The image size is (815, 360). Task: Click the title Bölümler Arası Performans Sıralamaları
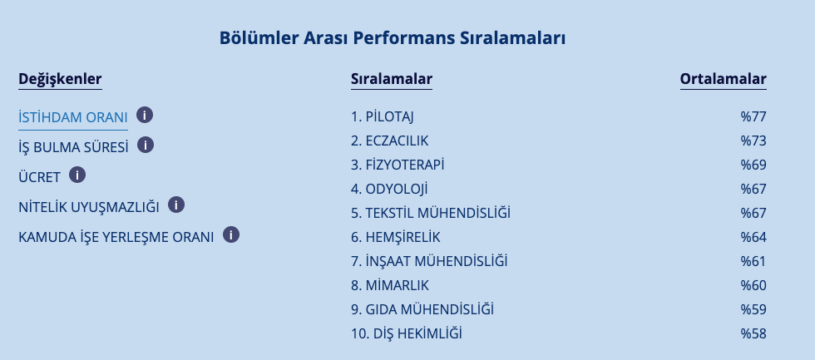(x=393, y=38)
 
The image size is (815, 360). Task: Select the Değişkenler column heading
(x=60, y=79)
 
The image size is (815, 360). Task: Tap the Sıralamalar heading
(x=392, y=79)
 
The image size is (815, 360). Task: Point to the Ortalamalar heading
(x=723, y=79)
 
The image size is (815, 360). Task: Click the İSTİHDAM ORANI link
(x=73, y=117)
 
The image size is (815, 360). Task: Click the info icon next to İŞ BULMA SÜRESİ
(x=146, y=145)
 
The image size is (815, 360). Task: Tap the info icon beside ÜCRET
(x=77, y=175)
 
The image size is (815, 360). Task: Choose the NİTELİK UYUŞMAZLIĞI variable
(x=89, y=207)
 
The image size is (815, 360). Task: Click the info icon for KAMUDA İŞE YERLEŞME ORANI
(x=231, y=234)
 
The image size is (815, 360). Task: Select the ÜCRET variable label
(x=40, y=177)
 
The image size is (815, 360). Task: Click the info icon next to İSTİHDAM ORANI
(x=145, y=115)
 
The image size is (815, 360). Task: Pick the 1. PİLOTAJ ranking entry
(x=383, y=117)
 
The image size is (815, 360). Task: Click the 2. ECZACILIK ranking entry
(x=390, y=141)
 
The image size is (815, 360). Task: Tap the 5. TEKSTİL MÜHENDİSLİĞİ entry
(x=431, y=213)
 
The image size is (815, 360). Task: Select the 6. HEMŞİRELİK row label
(x=396, y=238)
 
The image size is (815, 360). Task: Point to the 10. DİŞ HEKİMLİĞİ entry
(x=407, y=333)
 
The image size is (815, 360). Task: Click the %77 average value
(x=753, y=116)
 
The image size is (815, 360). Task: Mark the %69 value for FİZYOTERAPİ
(x=753, y=165)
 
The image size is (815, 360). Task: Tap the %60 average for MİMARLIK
(x=753, y=285)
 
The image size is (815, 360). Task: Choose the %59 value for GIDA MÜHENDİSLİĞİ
(x=753, y=309)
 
